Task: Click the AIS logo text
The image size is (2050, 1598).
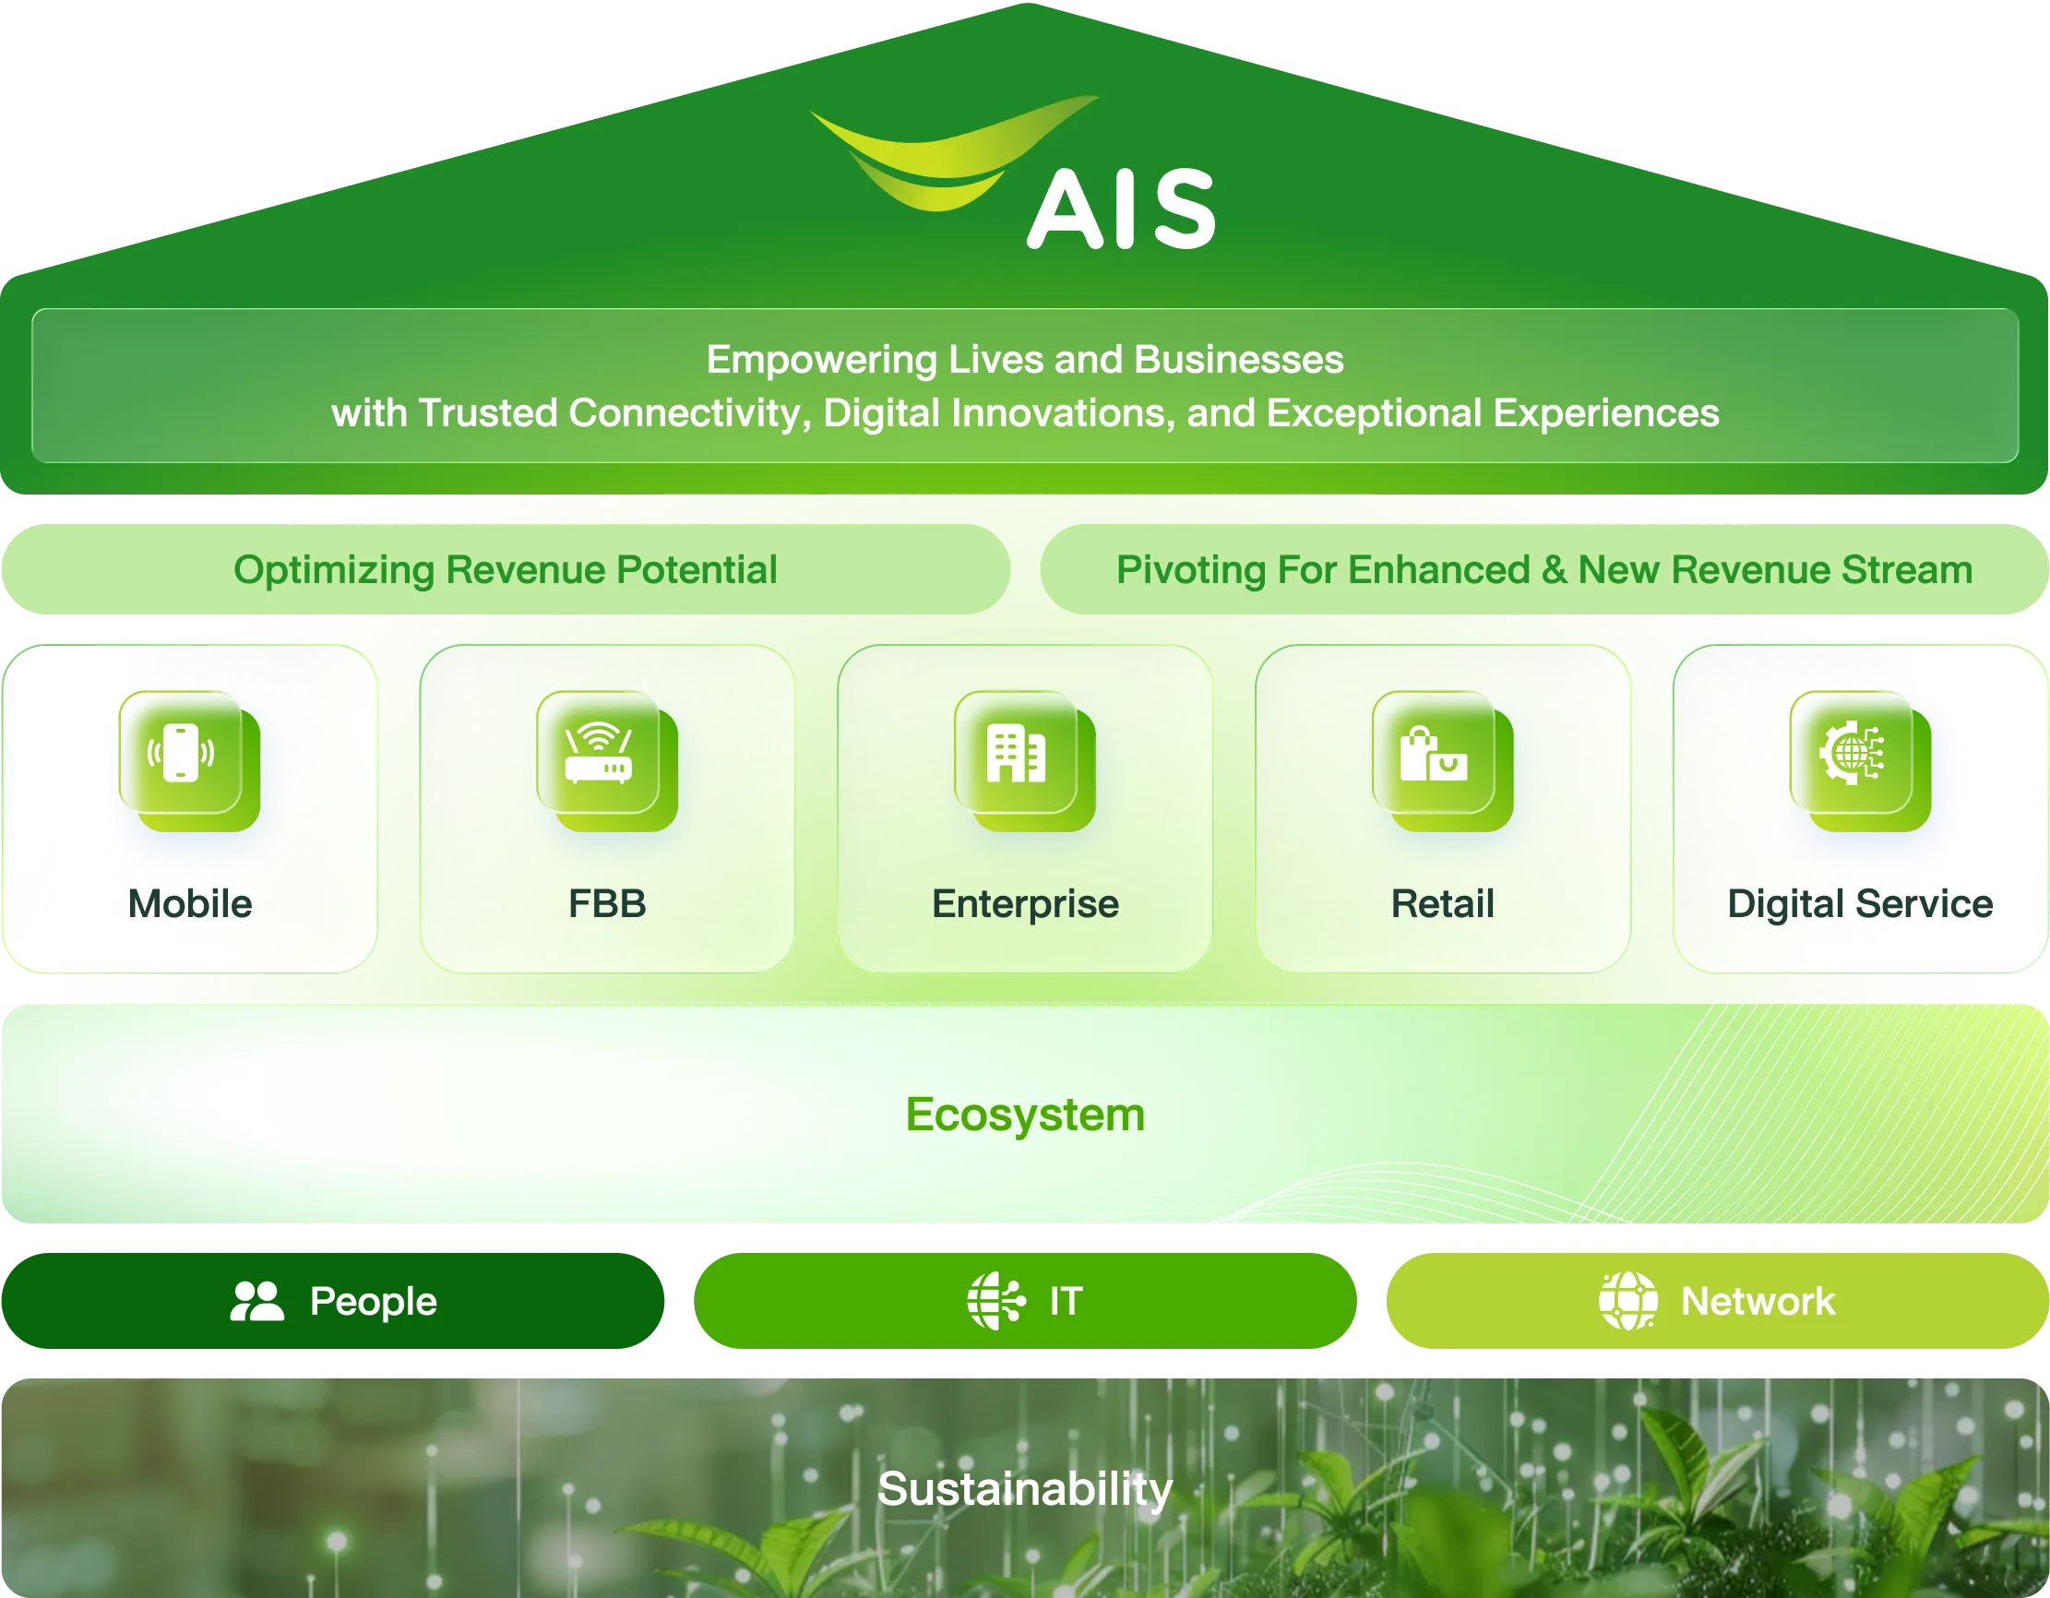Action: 1121,209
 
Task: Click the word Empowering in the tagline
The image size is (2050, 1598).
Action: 821,361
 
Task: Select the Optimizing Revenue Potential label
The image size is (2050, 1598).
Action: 505,570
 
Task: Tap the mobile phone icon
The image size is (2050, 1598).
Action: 181,753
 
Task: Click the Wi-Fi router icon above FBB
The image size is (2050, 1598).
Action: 598,753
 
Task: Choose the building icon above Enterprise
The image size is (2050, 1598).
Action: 1016,753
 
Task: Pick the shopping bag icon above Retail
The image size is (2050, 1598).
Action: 1434,753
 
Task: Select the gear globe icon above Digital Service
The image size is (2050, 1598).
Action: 1851,752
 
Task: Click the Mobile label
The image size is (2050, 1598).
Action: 191,904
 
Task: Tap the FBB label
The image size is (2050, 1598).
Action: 607,904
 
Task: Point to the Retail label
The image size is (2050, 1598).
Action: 1443,904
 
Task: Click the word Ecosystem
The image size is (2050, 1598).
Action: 1025,1115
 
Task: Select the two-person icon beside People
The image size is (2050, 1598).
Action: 257,1301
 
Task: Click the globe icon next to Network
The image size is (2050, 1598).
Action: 1628,1301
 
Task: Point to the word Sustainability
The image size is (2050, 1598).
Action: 1025,1489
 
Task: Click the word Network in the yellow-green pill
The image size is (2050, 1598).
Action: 1758,1301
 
